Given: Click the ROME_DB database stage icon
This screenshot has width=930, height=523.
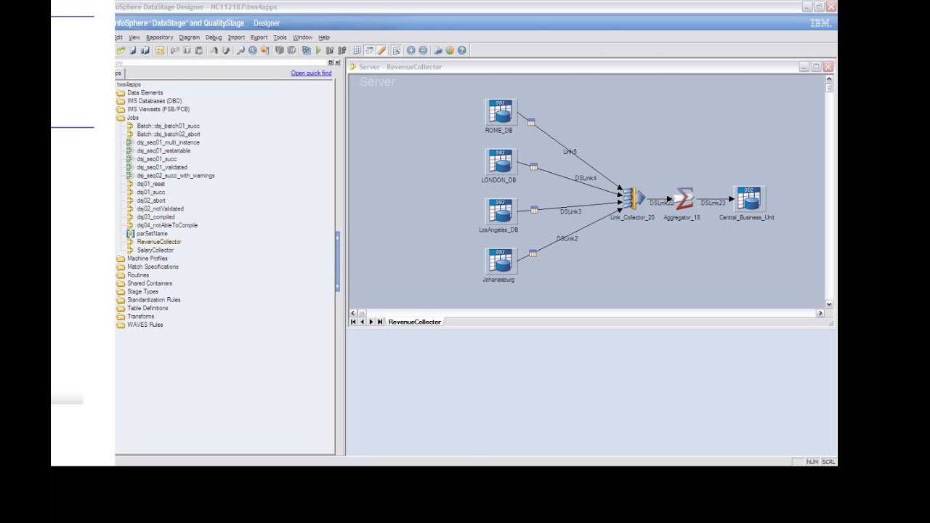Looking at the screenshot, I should point(501,112).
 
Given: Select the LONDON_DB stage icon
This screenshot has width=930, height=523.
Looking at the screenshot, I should point(499,161).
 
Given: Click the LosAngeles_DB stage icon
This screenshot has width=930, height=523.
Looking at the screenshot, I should point(499,211).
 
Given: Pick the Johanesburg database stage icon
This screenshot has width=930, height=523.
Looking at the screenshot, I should point(499,261).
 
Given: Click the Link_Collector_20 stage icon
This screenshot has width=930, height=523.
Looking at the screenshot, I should point(633,198).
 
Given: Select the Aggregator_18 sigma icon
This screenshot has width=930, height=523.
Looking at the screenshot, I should point(683,198).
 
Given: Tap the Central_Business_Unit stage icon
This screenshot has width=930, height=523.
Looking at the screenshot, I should point(748,198).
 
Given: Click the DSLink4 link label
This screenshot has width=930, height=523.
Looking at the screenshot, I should point(585,178).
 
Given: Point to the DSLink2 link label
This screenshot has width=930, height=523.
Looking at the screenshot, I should point(567,238).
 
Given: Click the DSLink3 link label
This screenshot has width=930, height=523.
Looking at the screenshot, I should point(570,211).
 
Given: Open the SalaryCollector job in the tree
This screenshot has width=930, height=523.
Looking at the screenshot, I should point(155,250).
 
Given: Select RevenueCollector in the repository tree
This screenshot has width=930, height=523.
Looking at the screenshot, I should point(158,242).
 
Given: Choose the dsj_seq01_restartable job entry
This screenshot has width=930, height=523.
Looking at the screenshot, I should point(163,151).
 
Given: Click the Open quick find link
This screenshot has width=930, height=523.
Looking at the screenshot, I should point(311,73).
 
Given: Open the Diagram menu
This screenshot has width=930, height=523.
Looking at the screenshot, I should point(189,37).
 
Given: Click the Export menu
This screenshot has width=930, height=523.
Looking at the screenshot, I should point(259,37).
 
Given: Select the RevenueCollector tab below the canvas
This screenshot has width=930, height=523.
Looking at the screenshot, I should point(414,322).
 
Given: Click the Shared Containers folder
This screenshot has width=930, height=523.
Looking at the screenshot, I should point(150,283).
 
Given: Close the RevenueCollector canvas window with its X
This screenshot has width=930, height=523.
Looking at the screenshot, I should point(828,67).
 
